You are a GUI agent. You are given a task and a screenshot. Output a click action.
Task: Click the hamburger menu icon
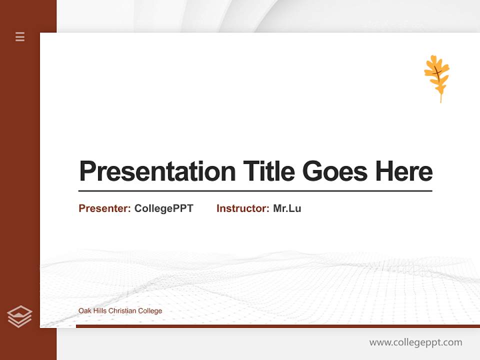coord(20,36)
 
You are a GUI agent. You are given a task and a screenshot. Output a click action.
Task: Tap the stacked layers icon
coord(19,316)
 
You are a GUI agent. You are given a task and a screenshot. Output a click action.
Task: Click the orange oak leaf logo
coord(436,75)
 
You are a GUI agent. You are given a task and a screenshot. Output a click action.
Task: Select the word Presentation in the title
coord(157,171)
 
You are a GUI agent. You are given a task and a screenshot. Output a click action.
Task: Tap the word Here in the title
coord(404,171)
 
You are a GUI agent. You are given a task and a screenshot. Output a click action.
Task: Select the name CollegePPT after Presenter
coord(163,208)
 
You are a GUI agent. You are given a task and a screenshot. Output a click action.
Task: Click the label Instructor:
coord(243,208)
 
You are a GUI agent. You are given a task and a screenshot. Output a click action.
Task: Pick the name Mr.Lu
coord(287,208)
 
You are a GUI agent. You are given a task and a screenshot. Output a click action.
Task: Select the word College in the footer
coord(150,311)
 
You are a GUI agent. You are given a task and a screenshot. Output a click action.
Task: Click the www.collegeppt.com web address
coord(415,342)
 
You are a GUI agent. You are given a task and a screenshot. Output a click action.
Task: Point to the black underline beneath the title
coord(255,191)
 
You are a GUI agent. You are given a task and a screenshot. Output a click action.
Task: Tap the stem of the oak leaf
coord(440,98)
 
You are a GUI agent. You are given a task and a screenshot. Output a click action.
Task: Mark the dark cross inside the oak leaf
coord(436,75)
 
